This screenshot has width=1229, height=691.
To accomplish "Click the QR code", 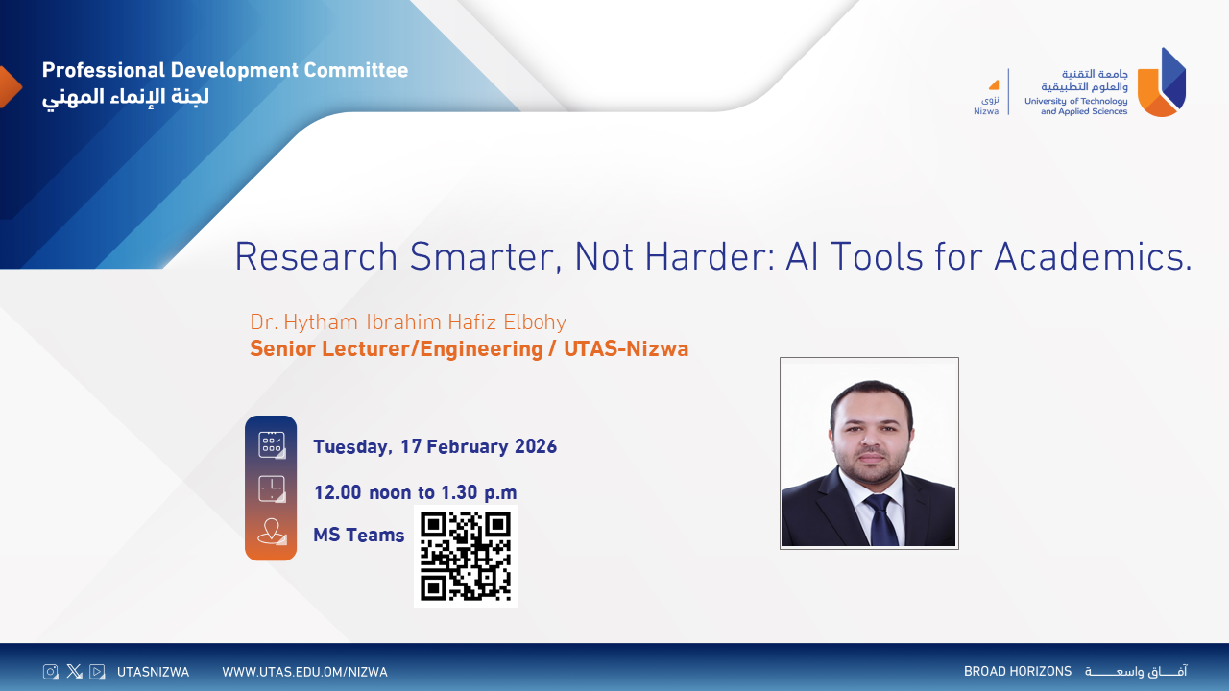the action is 466,556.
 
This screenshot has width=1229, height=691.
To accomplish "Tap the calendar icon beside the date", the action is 272,444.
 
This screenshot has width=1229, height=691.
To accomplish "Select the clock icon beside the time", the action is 272,488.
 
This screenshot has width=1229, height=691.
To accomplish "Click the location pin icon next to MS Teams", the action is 272,532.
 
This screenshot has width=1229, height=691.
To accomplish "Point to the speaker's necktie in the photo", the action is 881,519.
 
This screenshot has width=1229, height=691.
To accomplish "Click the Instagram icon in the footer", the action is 51,672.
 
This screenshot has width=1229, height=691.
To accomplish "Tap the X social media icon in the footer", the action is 74,671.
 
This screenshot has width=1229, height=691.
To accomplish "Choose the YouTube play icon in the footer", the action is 97,671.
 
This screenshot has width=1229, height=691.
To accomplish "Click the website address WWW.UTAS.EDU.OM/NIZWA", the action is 304,672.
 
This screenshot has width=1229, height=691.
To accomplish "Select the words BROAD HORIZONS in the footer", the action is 1018,671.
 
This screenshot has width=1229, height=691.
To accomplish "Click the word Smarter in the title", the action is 486,256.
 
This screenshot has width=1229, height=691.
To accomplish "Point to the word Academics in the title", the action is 1093,256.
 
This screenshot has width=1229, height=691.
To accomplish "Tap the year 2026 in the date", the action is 536,446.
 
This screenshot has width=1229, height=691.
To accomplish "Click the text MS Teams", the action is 358,535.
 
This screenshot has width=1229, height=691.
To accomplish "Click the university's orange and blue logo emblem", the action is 1162,83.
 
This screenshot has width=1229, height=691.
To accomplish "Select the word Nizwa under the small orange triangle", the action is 986,111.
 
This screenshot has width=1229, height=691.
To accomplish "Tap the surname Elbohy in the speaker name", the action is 535,322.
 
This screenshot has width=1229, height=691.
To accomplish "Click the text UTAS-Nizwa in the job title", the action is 626,348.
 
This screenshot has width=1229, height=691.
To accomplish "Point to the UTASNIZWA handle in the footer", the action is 153,672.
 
